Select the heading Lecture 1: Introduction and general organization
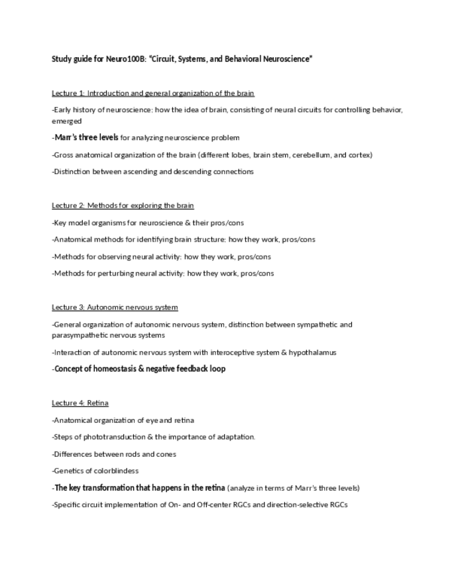[152, 93]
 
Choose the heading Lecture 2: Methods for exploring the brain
[123, 206]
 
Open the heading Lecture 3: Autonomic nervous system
[115, 307]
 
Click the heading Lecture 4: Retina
[80, 403]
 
